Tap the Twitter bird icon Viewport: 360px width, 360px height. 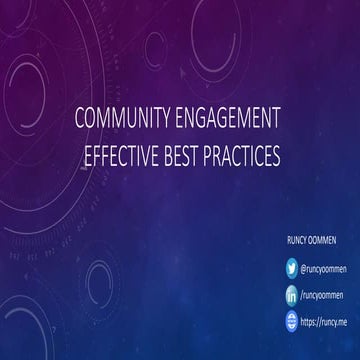291,267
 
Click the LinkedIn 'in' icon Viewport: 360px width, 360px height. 291,294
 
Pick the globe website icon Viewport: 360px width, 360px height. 291,321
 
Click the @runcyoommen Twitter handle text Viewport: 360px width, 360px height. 325,267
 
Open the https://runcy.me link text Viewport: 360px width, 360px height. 324,321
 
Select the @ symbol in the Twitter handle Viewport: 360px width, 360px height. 304,267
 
